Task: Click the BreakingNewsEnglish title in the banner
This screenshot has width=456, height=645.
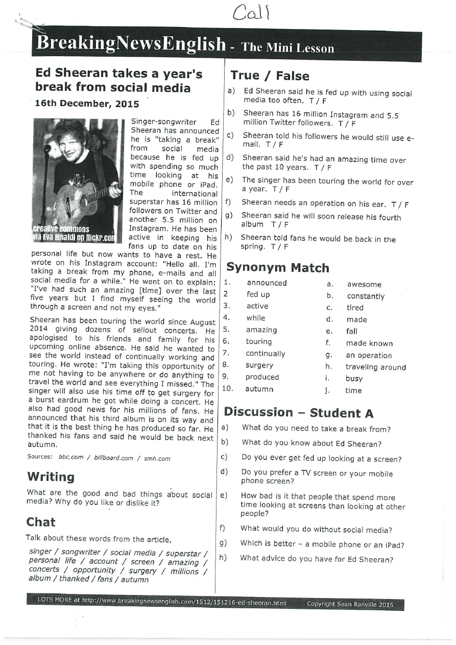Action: click(x=131, y=44)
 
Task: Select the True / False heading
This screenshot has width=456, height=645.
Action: click(x=270, y=76)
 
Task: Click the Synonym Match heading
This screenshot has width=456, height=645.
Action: click(x=277, y=267)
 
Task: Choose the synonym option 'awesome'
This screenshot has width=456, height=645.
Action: click(x=364, y=285)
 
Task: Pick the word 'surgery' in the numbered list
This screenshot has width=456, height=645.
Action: click(x=259, y=365)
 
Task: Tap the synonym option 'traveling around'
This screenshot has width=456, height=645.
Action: click(x=375, y=367)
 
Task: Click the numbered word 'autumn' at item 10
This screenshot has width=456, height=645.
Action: click(x=259, y=389)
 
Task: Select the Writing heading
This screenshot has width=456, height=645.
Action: click(x=51, y=477)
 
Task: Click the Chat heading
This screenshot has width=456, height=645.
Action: click(x=41, y=522)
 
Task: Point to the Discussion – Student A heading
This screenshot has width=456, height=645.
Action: click(x=299, y=412)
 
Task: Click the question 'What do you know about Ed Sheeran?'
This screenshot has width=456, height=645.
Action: click(x=311, y=444)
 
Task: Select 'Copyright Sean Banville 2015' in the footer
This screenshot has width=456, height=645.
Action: click(x=350, y=605)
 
